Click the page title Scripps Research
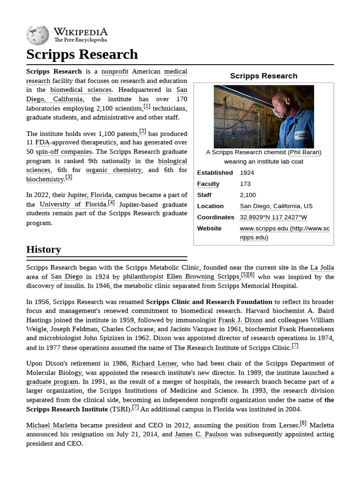point(82,54)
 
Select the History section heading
point(44,249)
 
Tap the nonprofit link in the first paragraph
point(115,72)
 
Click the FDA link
point(42,142)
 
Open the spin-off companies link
point(64,152)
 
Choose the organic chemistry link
point(113,170)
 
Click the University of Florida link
point(73,204)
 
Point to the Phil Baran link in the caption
point(305,152)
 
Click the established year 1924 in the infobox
point(247,173)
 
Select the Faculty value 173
point(245,184)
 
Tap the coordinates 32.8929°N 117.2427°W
point(273,217)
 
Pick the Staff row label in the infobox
point(204,195)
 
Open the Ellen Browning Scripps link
point(203,277)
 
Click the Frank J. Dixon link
point(240,320)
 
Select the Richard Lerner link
point(154,364)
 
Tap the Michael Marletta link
point(52,426)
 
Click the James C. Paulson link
point(201,435)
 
